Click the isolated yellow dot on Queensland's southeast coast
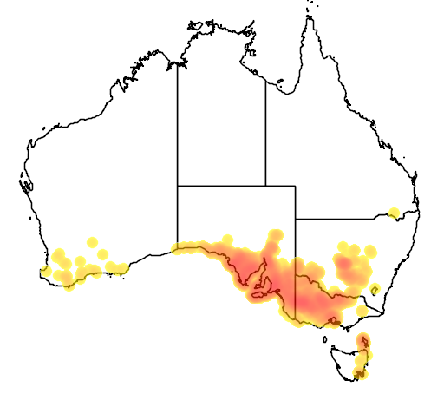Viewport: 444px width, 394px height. click(395, 213)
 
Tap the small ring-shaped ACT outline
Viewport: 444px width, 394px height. click(375, 290)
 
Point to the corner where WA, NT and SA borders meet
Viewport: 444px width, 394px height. click(178, 185)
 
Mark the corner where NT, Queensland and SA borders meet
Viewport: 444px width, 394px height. click(265, 185)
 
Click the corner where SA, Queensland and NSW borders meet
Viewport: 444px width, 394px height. click(296, 218)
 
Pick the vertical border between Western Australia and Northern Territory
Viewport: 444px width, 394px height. click(178, 121)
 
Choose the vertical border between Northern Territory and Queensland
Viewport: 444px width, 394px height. click(265, 121)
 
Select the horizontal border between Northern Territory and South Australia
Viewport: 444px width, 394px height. click(221, 185)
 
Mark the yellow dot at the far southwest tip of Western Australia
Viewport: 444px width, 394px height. click(45, 271)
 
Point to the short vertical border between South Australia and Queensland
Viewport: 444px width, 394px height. click(296, 201)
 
